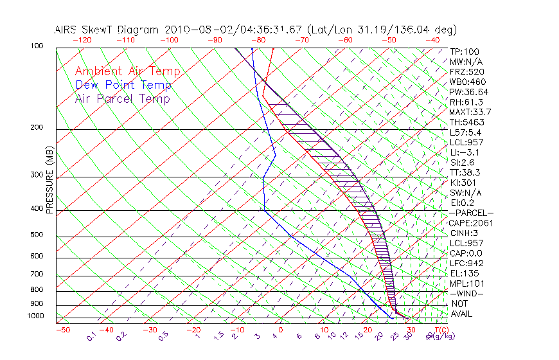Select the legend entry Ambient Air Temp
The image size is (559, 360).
pos(127,71)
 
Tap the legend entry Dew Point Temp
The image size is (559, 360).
pos(123,85)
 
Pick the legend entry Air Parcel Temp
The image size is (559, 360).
pos(122,98)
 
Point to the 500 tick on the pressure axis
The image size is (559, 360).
pos(37,235)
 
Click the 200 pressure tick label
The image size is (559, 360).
pos(37,128)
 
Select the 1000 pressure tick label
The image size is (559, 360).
pos(35,316)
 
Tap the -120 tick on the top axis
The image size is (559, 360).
pos(82,40)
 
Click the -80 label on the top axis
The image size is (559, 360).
pos(259,40)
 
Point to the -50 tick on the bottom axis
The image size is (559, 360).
pos(62,330)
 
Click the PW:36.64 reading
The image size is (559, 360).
pos(469,92)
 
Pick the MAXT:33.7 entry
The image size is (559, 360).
pos(470,112)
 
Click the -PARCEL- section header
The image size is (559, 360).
pos(471,213)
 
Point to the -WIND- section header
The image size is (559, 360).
pos(467,293)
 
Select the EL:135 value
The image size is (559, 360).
pos(465,273)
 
